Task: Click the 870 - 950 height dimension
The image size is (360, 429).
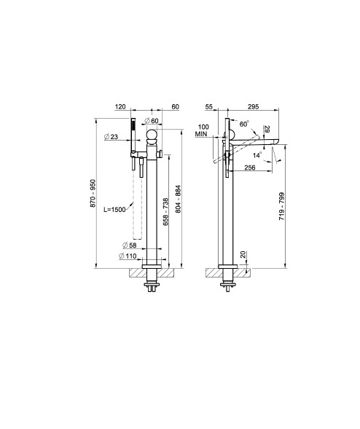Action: tap(93, 193)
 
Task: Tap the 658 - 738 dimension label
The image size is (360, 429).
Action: tap(165, 212)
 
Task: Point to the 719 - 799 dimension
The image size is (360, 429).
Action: tap(282, 207)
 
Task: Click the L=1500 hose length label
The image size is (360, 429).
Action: tap(114, 210)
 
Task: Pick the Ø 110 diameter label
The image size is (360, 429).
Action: tap(128, 256)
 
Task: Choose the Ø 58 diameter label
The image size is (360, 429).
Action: tap(130, 245)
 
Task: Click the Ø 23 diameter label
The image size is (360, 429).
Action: tap(111, 136)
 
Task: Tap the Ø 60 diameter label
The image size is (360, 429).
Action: tap(152, 121)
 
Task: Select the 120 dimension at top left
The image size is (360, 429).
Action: tap(120, 106)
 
